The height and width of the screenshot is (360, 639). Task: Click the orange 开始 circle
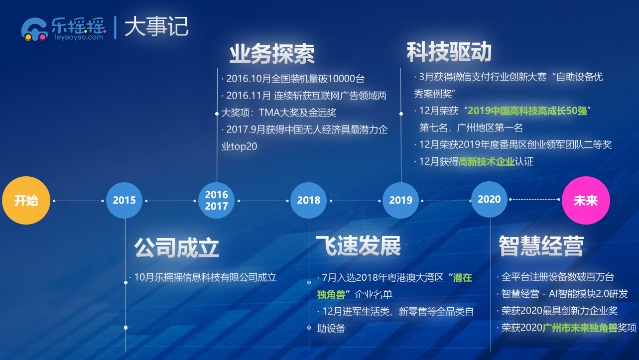[x=26, y=200]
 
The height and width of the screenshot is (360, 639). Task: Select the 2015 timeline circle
[x=124, y=200]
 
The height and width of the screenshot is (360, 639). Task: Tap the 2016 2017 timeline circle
[x=216, y=200]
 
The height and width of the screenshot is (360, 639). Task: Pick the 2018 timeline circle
[x=308, y=200]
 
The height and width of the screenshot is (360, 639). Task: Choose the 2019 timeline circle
[x=400, y=200]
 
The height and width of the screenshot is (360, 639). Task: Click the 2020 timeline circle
[x=489, y=199]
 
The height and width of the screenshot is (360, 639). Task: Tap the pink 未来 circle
[x=586, y=200]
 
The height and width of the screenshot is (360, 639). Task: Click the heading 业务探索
[x=272, y=54]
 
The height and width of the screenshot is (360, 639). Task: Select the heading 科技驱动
[x=449, y=52]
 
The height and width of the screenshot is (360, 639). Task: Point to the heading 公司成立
[x=177, y=247]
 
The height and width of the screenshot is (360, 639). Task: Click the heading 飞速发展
[x=358, y=245]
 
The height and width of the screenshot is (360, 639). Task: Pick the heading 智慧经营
[x=541, y=245]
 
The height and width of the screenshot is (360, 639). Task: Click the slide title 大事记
[x=156, y=26]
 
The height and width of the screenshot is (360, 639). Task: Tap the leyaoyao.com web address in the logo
[x=79, y=37]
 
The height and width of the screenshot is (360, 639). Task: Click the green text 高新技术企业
[x=487, y=161]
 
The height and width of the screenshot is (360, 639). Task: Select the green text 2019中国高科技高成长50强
[x=527, y=111]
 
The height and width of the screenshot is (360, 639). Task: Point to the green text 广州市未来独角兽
[x=580, y=328]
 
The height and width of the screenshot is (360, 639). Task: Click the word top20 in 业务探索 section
[x=244, y=146]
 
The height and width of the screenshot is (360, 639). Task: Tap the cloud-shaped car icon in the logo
[x=34, y=29]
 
